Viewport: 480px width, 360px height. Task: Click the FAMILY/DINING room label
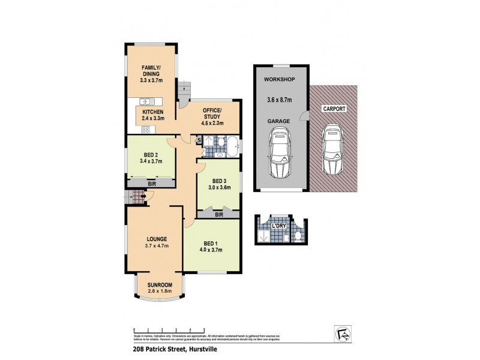click(150, 70)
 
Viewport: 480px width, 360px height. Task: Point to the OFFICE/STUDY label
click(212, 113)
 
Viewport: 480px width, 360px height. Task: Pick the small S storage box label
click(199, 140)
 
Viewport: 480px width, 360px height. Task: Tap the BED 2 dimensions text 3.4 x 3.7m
click(151, 161)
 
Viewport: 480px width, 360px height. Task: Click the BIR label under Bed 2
click(152, 184)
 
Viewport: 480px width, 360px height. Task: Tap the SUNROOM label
click(160, 284)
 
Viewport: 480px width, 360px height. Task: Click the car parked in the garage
click(279, 155)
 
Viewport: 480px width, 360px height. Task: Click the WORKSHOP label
click(278, 80)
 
